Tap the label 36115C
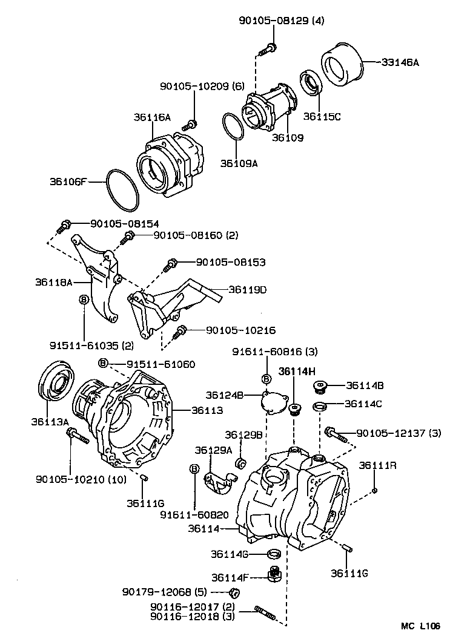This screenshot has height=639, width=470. pyautogui.click(x=322, y=117)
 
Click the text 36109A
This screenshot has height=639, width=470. pyautogui.click(x=239, y=163)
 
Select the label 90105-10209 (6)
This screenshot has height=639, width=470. pyautogui.click(x=202, y=87)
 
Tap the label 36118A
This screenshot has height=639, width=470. pyautogui.click(x=53, y=282)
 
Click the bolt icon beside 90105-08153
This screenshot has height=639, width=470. pyautogui.click(x=171, y=264)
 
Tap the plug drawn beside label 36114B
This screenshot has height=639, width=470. pyautogui.click(x=320, y=385)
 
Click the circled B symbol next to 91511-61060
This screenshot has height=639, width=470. pyautogui.click(x=103, y=362)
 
